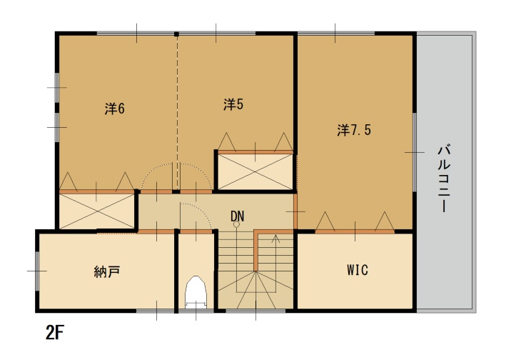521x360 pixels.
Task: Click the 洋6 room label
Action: click(x=115, y=109)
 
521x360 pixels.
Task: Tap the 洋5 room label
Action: click(x=233, y=104)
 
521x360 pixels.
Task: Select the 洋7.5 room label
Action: click(x=354, y=129)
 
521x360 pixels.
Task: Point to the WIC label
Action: click(x=358, y=269)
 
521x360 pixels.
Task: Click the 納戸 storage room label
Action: click(x=107, y=272)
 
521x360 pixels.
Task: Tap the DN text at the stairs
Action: click(x=237, y=216)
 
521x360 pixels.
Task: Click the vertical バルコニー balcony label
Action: click(x=444, y=178)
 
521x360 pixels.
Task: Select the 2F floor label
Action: click(x=54, y=332)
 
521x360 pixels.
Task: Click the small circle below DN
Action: click(x=236, y=224)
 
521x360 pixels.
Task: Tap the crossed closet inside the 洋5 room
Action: click(x=256, y=172)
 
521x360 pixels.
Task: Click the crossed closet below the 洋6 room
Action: click(x=96, y=211)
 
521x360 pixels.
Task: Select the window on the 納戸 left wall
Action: click(x=37, y=271)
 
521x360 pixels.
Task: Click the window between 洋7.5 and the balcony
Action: click(x=415, y=152)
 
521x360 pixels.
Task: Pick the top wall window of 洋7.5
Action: click(x=335, y=34)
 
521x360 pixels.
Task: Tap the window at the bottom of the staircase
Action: click(x=256, y=311)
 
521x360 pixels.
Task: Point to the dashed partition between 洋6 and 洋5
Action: click(x=177, y=113)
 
